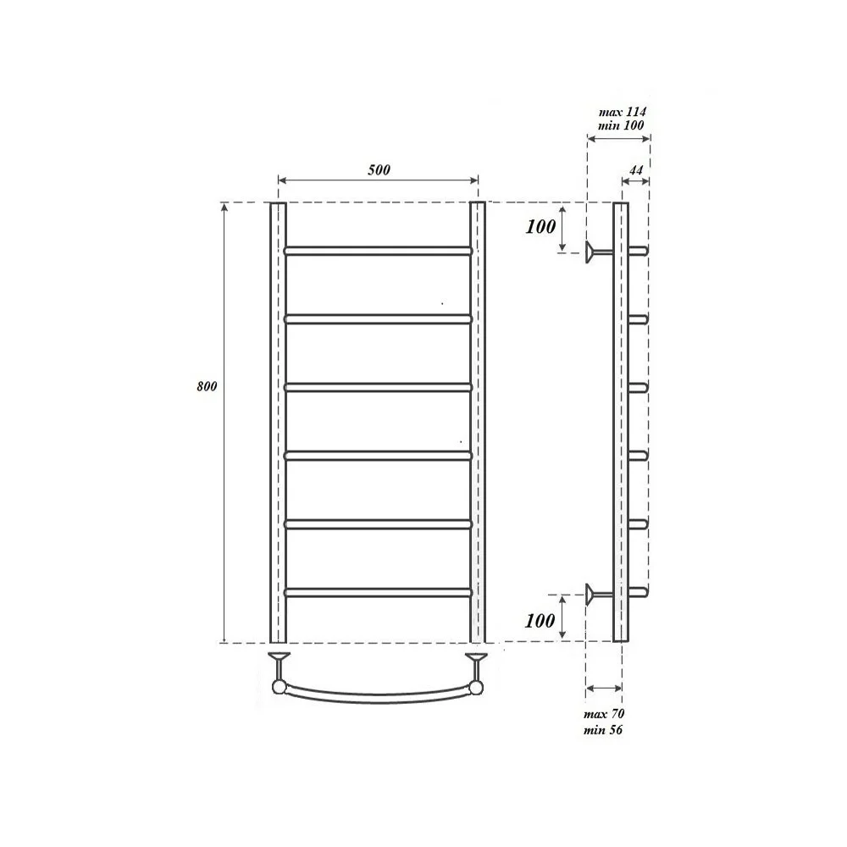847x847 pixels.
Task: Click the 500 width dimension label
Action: (379, 169)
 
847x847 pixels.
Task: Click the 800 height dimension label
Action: (207, 386)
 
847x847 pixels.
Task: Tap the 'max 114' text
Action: (622, 111)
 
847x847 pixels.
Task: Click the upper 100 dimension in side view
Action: (540, 226)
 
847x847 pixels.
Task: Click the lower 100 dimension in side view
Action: (540, 620)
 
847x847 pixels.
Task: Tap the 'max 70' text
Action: (604, 714)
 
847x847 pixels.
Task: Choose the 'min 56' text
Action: (603, 730)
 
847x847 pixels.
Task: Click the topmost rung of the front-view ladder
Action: (378, 251)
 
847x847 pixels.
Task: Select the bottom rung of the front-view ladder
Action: (378, 592)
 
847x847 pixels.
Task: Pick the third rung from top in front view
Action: (378, 387)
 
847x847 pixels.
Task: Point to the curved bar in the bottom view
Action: (378, 695)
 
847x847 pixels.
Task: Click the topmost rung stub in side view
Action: (639, 251)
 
